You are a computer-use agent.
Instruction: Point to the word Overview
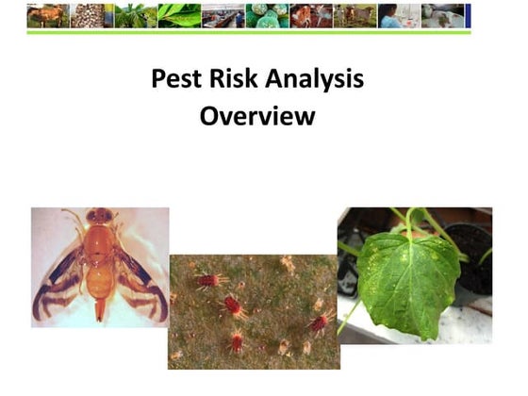point(257,119)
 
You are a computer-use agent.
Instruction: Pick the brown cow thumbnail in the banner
point(47,15)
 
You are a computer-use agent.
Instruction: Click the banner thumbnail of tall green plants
point(135,15)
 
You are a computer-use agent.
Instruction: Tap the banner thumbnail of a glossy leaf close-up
point(178,15)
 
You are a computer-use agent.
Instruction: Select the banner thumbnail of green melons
point(267,15)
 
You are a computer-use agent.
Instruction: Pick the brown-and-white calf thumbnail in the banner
point(310,15)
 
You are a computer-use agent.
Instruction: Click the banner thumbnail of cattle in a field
point(355,15)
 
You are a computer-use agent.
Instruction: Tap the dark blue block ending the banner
point(468,15)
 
